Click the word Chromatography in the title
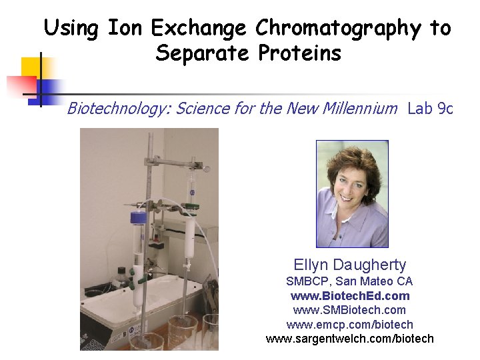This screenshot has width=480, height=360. coord(339,29)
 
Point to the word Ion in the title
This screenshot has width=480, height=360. coord(125,29)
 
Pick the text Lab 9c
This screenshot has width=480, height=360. coord(430,108)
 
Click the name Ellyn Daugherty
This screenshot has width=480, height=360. coord(350,265)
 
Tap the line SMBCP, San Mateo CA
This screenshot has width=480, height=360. coord(349,281)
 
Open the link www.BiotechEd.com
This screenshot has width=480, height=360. coord(350,295)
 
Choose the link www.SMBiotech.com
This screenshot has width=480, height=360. coord(349,310)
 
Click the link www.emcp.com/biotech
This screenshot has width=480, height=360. coord(349,325)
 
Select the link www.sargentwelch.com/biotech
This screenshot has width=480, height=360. coord(349,339)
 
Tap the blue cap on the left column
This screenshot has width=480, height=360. coord(138,217)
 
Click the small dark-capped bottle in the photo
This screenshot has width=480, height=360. coord(122,274)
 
